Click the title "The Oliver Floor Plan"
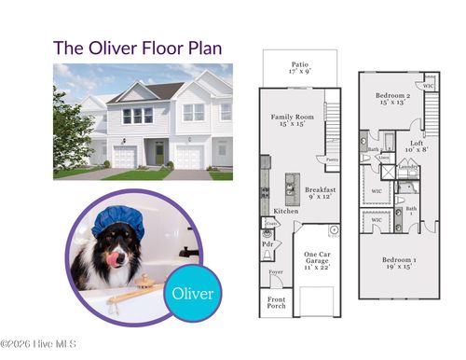(x=138, y=47)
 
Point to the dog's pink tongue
(x=116, y=259)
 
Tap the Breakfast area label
(x=321, y=193)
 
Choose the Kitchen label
(x=286, y=212)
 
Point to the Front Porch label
(x=277, y=303)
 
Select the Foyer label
(x=276, y=272)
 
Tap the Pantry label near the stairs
(x=332, y=159)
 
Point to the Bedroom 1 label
(x=398, y=261)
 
